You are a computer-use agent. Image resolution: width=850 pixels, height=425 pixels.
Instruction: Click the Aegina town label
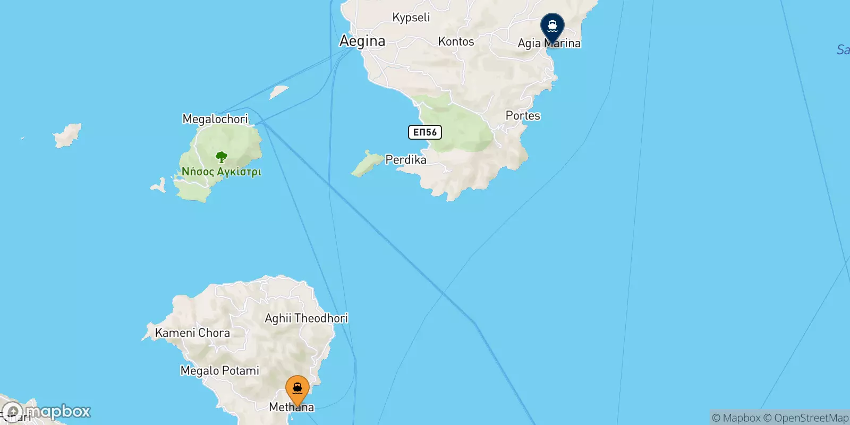click(x=362, y=41)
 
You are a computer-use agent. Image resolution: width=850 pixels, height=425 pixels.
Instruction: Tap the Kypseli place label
click(x=411, y=18)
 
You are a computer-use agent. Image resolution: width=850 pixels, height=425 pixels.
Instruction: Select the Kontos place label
click(x=456, y=41)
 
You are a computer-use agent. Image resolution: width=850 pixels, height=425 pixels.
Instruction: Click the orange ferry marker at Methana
click(x=297, y=389)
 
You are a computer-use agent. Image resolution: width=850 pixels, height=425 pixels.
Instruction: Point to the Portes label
click(x=523, y=116)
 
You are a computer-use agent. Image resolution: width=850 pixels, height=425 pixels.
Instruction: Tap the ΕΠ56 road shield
click(x=425, y=132)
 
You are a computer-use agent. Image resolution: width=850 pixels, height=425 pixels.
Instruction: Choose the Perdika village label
click(x=406, y=160)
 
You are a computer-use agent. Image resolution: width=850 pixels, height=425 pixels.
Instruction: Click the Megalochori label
click(x=215, y=119)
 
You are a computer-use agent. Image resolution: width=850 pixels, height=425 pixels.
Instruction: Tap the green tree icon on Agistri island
click(x=222, y=157)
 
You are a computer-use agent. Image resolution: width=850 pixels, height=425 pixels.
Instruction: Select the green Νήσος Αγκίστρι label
click(x=222, y=172)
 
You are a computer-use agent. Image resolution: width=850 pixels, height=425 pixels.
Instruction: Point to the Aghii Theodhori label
click(x=306, y=318)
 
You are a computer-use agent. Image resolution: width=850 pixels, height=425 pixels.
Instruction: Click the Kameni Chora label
click(x=192, y=333)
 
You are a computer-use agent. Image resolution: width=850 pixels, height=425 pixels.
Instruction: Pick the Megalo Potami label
click(x=220, y=371)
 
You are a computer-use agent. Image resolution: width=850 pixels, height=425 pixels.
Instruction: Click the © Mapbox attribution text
click(x=736, y=418)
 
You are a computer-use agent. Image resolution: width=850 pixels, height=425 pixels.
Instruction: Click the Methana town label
click(x=292, y=407)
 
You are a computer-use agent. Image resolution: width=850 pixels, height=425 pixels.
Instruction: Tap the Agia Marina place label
click(x=549, y=44)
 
